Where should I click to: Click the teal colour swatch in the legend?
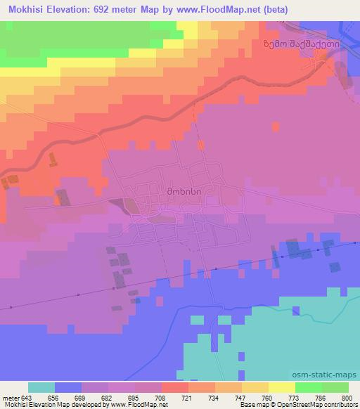tap(41, 387)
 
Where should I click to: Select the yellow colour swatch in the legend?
tap(281, 387)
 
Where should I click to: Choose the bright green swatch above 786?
tap(308, 387)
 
